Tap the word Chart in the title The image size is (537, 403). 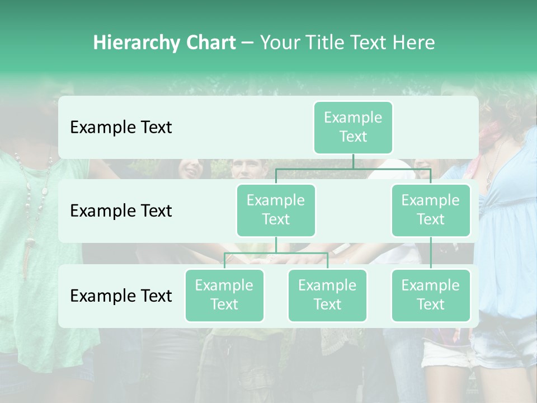point(210,43)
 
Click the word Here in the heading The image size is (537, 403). point(413,43)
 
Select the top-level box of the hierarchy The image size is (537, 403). point(353,127)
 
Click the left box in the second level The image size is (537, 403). point(276,210)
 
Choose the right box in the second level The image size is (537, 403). point(431,210)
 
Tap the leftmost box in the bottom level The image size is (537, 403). point(224,295)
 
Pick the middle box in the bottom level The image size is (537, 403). point(327,295)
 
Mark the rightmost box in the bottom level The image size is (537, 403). point(431,295)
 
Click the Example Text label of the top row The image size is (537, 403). point(121,128)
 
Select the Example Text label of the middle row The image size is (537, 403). point(121,211)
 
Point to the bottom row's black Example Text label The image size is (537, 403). point(121,296)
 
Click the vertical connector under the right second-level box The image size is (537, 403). point(431,253)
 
